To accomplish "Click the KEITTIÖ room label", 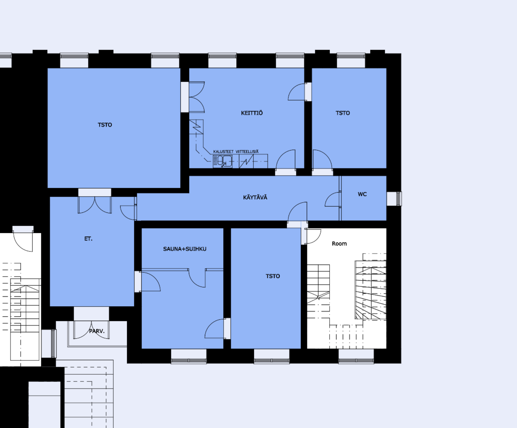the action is pos(252,113).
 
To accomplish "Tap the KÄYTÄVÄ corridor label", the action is pos(255,197).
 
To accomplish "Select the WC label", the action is pos(362,194).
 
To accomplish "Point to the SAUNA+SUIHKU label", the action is pos(185,249).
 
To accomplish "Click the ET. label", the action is pos(88,239).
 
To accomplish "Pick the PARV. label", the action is pos(97,331).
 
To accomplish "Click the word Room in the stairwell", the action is pos(339,244).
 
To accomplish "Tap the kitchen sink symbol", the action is pos(223,161).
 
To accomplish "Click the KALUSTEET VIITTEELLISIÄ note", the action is pos(236,151).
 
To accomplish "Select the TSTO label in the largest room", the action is pos(105,125).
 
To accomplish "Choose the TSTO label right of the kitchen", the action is pos(343,113).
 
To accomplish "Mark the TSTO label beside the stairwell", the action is pos(273,276).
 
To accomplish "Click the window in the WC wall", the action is pos(394,199).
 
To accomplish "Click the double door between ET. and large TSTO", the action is pos(95,205).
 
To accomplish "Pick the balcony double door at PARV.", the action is pos(91,330).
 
